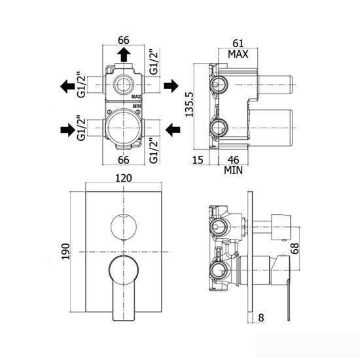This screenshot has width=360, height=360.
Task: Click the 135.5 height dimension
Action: [x=190, y=105]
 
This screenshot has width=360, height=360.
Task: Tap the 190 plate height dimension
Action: [x=66, y=251]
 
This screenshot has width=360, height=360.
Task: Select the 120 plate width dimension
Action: [x=124, y=178]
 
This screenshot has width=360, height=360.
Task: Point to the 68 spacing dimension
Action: [x=295, y=248]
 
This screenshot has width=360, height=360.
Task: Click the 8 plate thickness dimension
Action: [x=261, y=317]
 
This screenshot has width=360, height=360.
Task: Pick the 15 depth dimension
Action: [x=198, y=160]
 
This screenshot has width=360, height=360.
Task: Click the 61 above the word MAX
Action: [x=238, y=43]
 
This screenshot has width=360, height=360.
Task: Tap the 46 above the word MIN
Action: [x=233, y=160]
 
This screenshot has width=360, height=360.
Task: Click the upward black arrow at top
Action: [x=124, y=54]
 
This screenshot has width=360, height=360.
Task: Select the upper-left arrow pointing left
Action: [x=67, y=86]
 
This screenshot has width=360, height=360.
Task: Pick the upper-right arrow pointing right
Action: [x=171, y=86]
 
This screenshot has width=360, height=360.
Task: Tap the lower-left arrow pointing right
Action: [x=68, y=130]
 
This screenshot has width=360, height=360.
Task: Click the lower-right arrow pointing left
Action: [x=173, y=130]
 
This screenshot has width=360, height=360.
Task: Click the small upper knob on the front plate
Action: [x=124, y=226]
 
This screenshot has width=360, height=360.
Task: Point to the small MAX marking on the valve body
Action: [x=136, y=97]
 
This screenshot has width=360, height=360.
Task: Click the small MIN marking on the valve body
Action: [x=137, y=106]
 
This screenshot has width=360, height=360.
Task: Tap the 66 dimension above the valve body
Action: [x=124, y=40]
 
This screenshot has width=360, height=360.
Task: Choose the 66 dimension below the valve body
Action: [x=124, y=160]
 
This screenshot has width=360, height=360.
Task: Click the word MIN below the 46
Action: [x=233, y=170]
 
